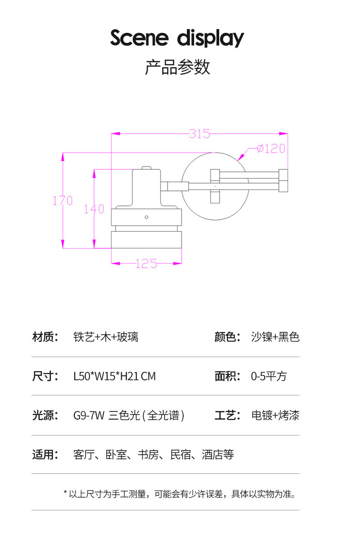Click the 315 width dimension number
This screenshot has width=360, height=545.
200,134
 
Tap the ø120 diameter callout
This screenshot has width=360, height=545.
271,149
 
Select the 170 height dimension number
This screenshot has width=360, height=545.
62,201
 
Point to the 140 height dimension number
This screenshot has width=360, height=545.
94,209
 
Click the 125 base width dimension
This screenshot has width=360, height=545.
146,263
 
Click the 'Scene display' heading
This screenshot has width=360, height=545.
177,38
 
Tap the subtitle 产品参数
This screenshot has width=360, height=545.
177,67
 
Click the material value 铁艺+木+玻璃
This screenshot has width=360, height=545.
106,337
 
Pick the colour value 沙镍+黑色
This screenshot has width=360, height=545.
275,337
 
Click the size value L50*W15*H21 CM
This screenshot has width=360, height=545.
114,376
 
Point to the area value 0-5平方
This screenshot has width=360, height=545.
269,376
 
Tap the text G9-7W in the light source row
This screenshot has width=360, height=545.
89,415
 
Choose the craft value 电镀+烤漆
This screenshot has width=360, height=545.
275,415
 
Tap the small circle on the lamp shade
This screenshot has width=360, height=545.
147,217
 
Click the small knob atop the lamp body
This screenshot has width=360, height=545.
146,168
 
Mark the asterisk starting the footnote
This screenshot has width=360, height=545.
65,493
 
